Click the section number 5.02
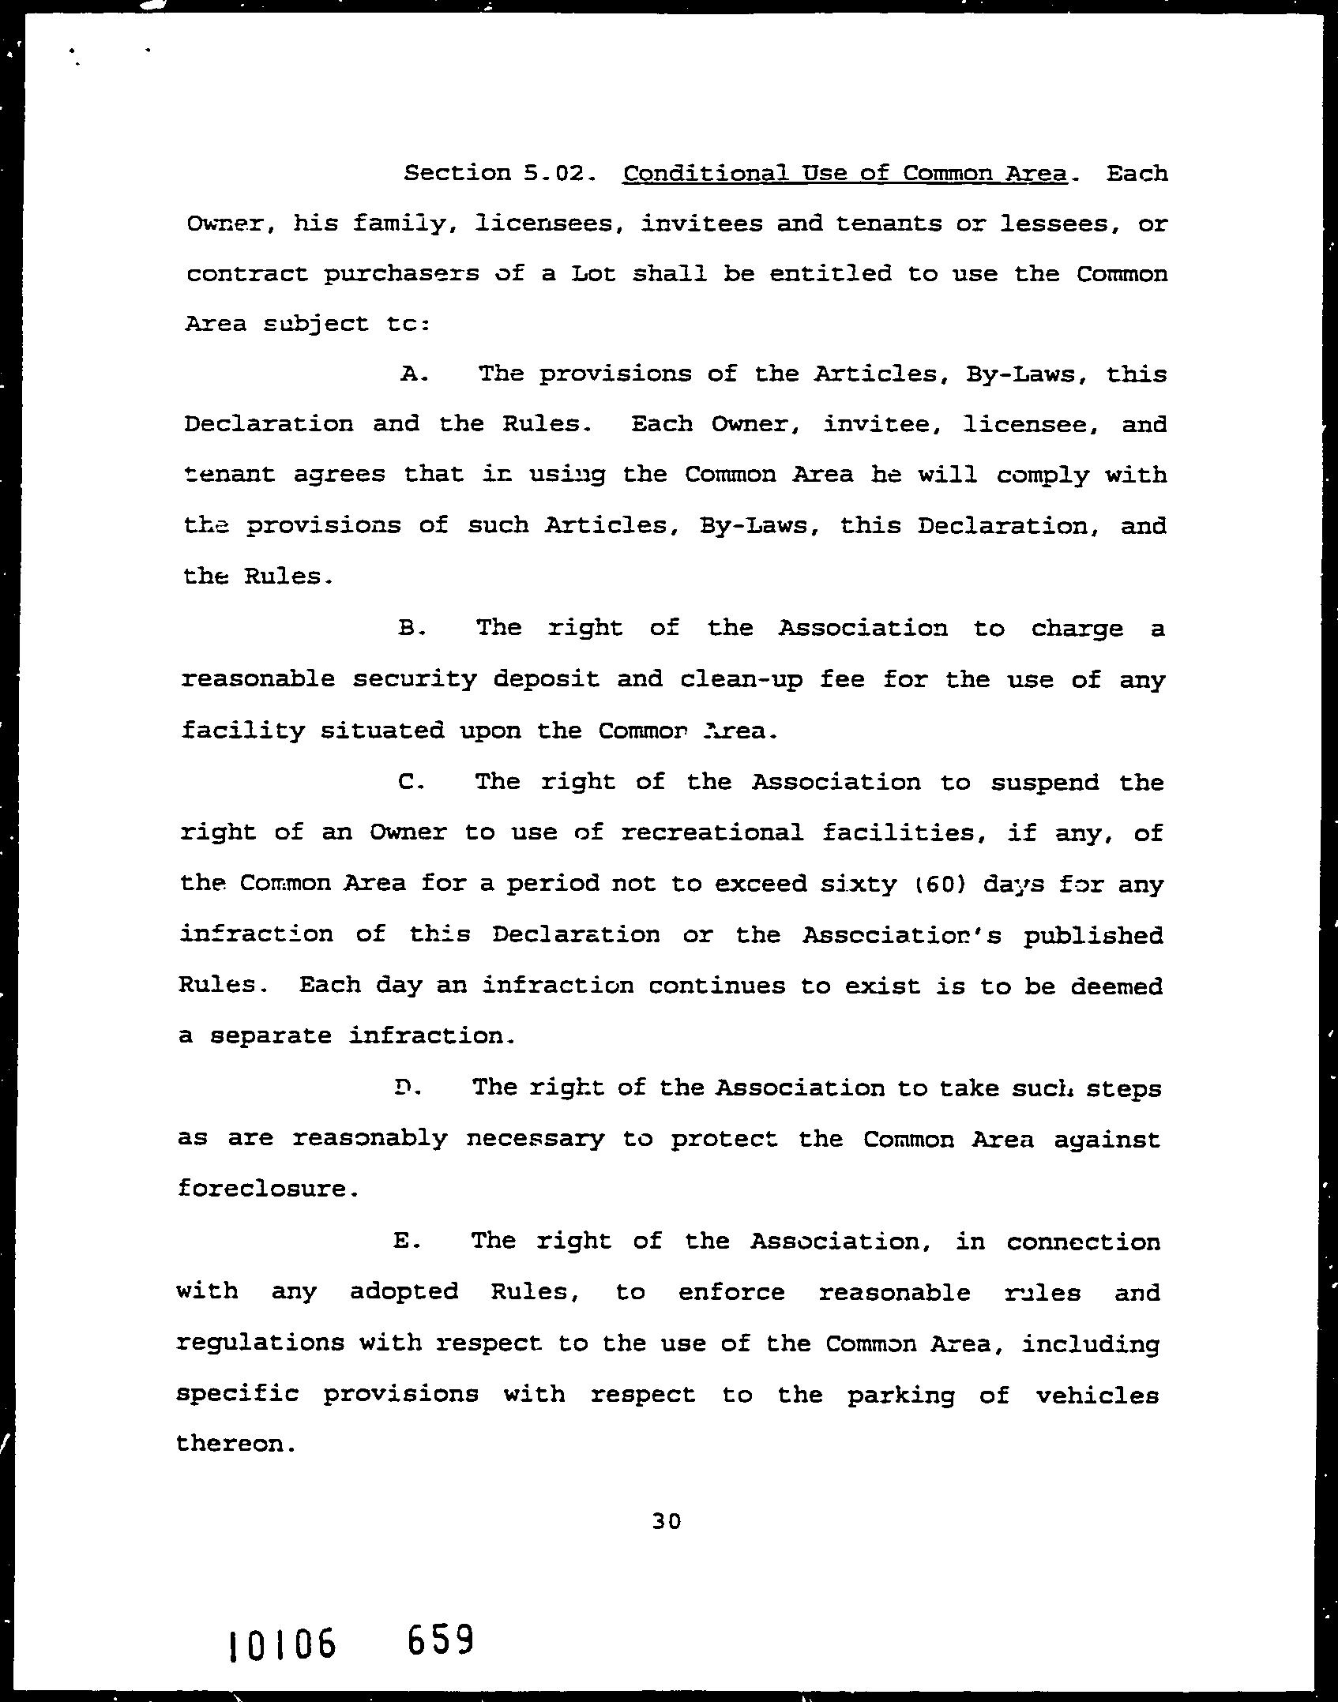pos(558,172)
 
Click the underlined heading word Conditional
pos(705,172)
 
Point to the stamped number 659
pos(440,1639)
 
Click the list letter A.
pos(413,374)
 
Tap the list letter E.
pos(404,1241)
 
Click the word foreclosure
pos(262,1188)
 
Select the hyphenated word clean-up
pos(741,679)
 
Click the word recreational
pos(712,832)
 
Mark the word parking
pos(901,1395)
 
